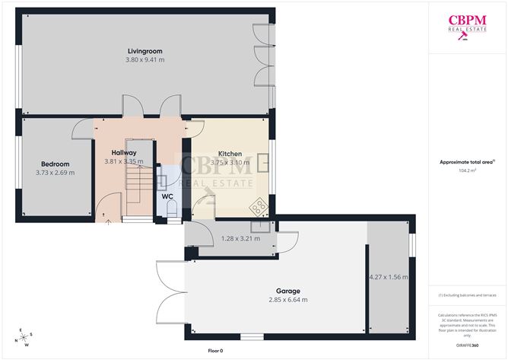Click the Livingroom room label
145,51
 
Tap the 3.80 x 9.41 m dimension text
145,59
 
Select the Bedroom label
55,164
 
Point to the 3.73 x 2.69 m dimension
55,173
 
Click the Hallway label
123,153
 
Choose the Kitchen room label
230,154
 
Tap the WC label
168,196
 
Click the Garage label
288,291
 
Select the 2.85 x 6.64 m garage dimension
288,300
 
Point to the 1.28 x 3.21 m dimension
240,238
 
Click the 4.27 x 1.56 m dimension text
388,277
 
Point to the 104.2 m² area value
467,171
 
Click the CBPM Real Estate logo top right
467,26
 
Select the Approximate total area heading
467,162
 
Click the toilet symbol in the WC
170,210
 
